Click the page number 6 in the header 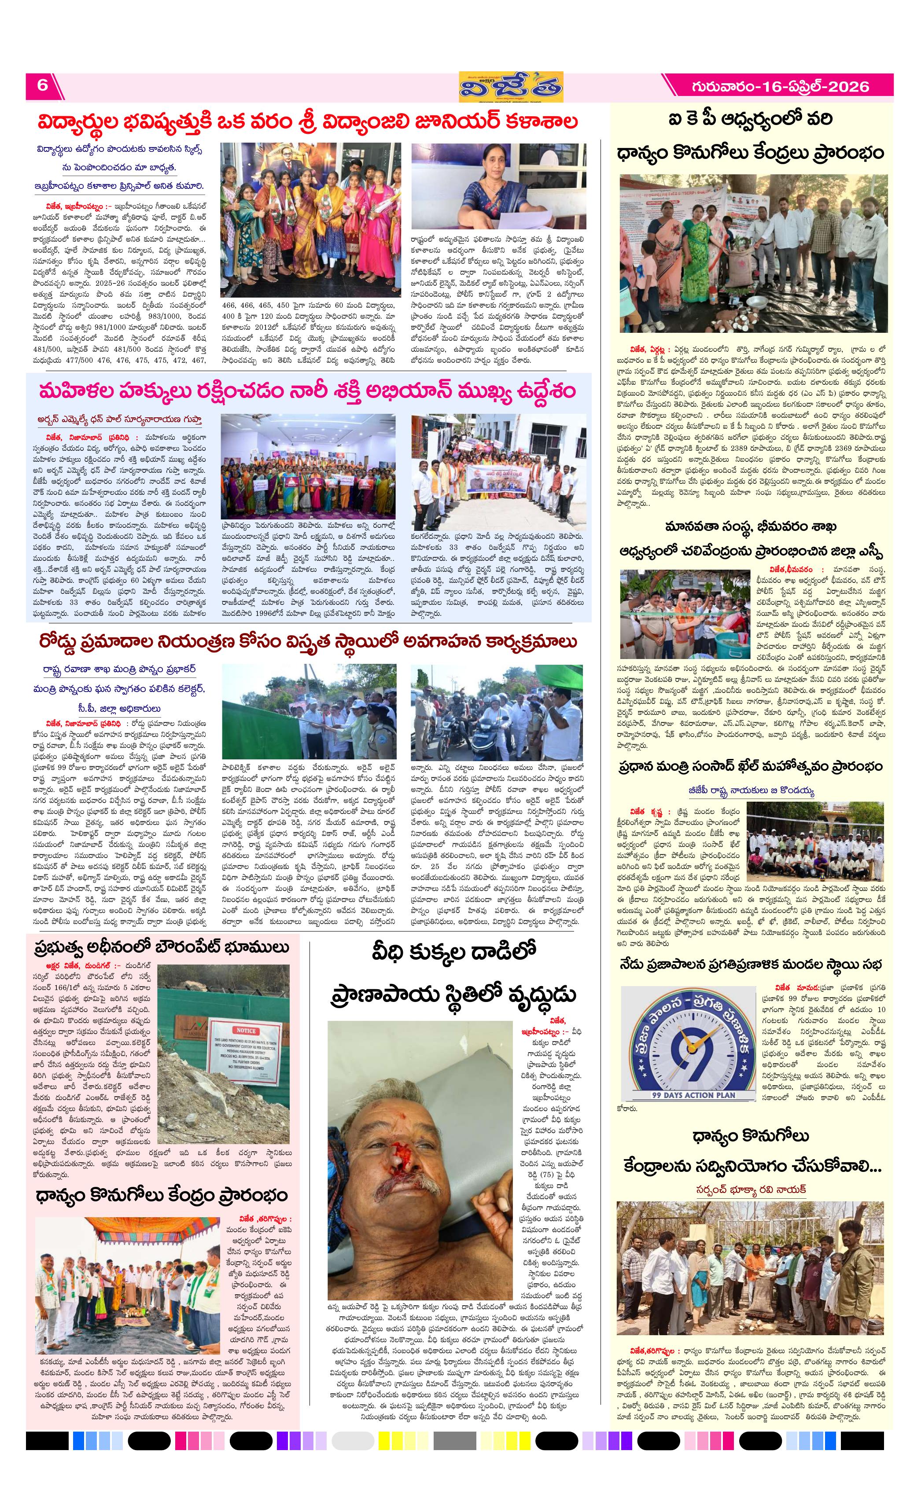click(42, 85)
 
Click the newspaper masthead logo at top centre click(510, 87)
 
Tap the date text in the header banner click(780, 87)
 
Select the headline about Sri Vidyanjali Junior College click(308, 122)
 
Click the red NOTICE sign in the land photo click(246, 1031)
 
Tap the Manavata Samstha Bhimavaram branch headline click(751, 539)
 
